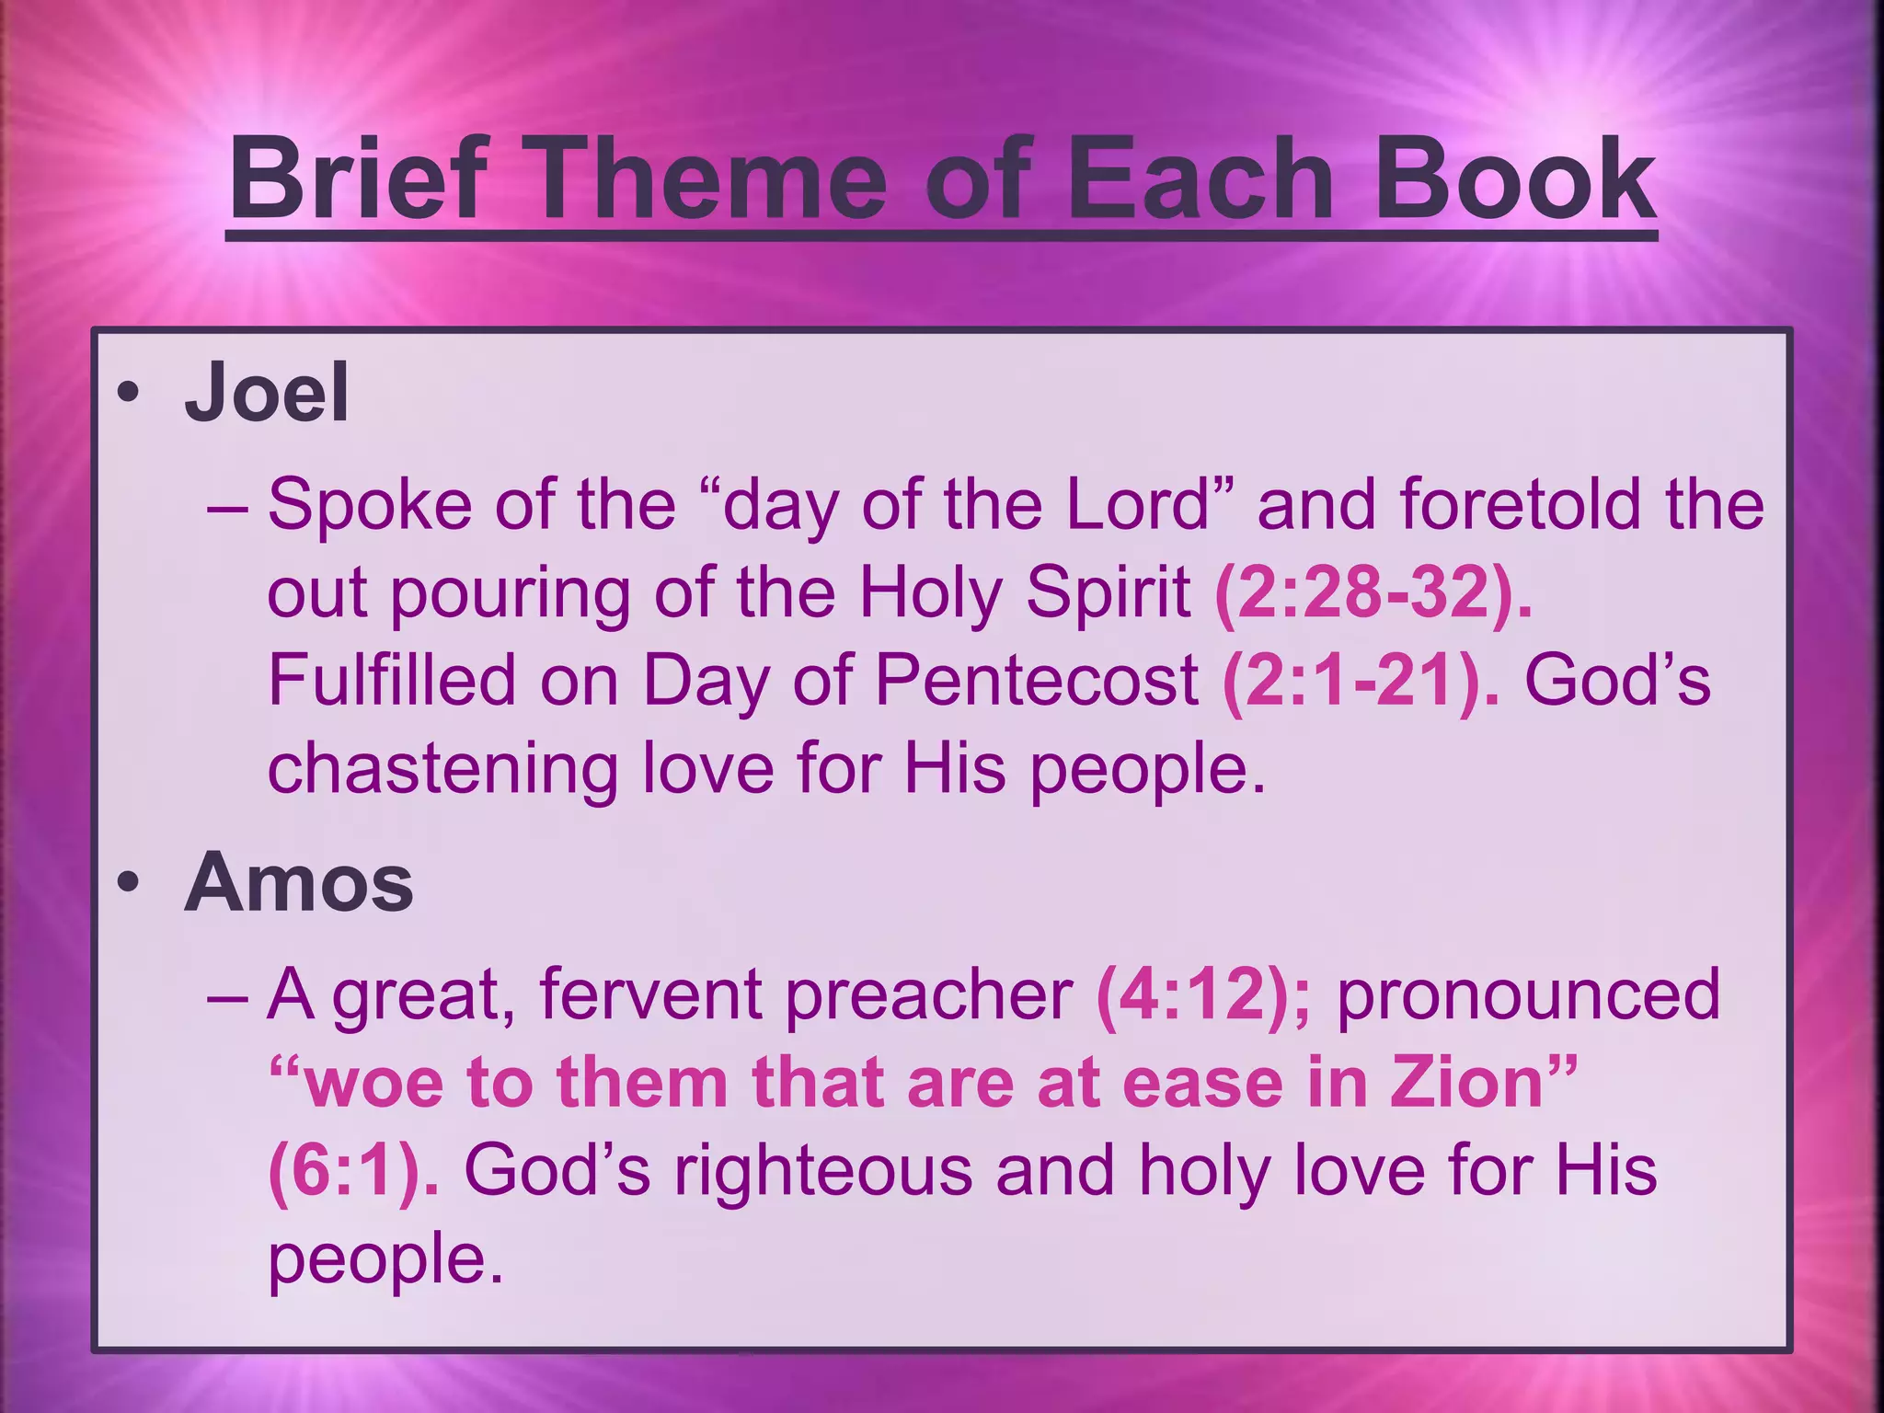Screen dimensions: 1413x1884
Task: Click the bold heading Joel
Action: [x=267, y=393]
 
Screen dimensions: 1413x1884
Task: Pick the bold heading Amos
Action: [x=299, y=882]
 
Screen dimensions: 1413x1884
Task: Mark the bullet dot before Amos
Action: [x=128, y=884]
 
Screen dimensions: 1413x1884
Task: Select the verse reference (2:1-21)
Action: [x=1361, y=680]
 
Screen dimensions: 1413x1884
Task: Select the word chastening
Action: [x=442, y=768]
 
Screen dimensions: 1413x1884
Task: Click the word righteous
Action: [x=823, y=1169]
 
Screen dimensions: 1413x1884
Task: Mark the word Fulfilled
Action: [x=392, y=680]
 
